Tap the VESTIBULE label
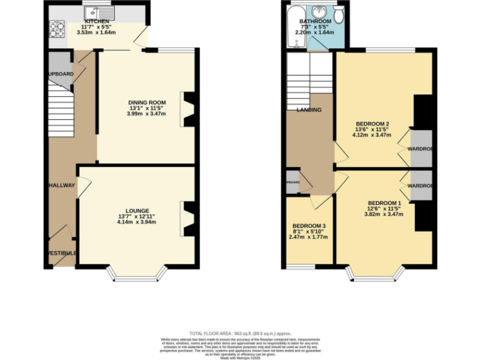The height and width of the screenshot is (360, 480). pyautogui.click(x=62, y=252)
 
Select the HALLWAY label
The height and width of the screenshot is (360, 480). pyautogui.click(x=62, y=185)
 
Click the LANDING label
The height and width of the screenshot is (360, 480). pyautogui.click(x=309, y=110)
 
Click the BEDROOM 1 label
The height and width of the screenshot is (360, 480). pyautogui.click(x=384, y=203)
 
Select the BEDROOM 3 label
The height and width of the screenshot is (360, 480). pyautogui.click(x=309, y=226)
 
